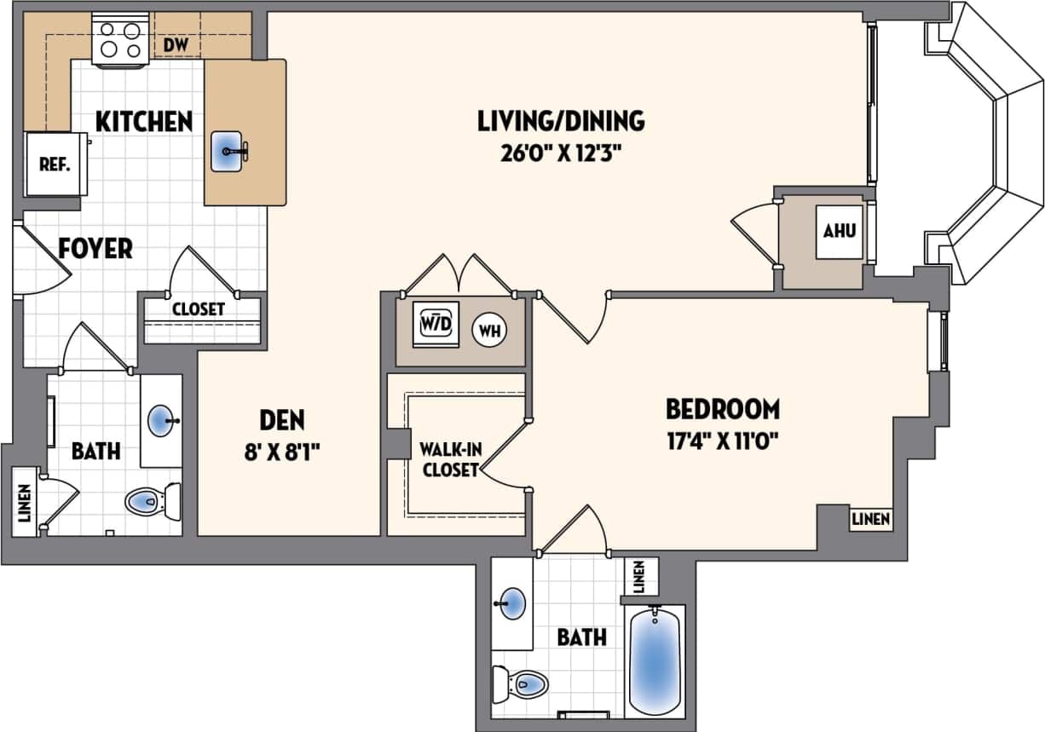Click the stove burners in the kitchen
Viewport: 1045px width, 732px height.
click(120, 40)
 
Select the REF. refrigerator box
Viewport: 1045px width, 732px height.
click(55, 164)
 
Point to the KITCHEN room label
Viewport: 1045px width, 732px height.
click(143, 121)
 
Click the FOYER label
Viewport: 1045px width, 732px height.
click(95, 249)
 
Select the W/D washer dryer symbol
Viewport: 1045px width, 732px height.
click(435, 325)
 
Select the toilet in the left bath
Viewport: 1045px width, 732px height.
click(152, 501)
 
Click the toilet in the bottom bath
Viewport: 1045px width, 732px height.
click(522, 683)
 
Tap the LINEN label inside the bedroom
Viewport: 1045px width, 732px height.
click(870, 519)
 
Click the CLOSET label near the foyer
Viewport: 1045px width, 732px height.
click(198, 308)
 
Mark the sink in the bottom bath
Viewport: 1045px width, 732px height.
click(511, 604)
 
